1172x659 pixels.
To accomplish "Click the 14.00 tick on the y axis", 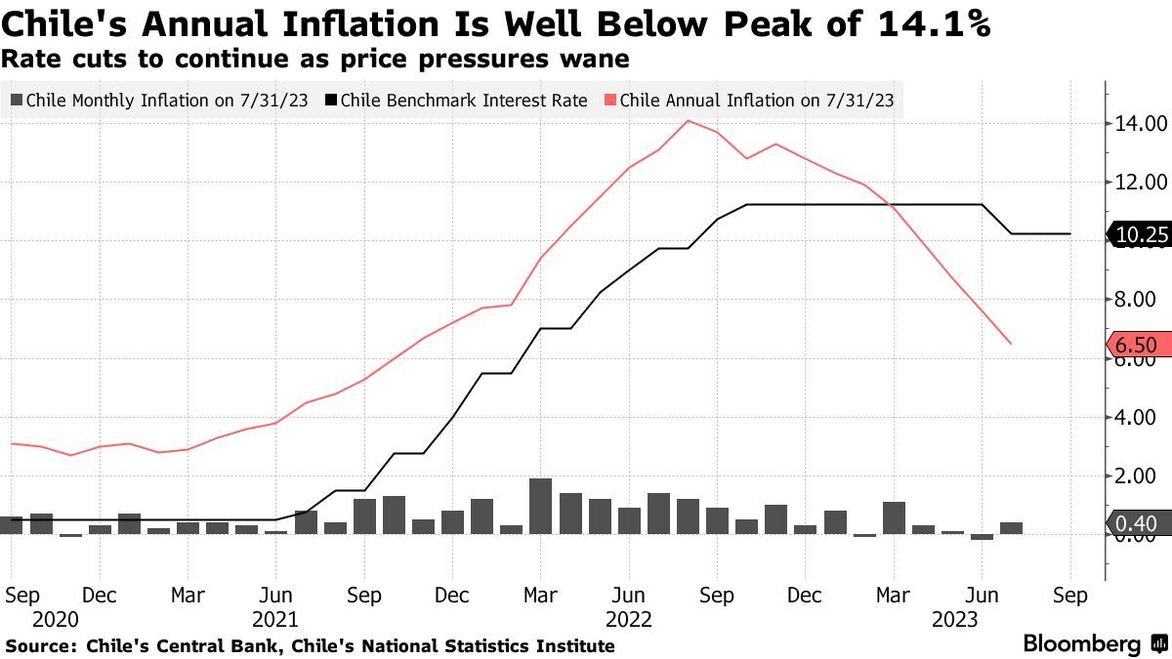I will [x=1141, y=124].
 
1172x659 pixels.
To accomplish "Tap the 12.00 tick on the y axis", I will [x=1141, y=183].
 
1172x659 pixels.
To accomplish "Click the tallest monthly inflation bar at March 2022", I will [x=540, y=506].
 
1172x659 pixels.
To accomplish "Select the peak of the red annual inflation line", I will [x=688, y=121].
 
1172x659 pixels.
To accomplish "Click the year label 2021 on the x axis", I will [x=275, y=619].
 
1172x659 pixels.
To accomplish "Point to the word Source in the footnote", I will [x=39, y=646].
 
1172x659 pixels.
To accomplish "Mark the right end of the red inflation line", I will [x=1010, y=344].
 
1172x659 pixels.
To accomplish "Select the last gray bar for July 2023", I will [x=1011, y=528].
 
